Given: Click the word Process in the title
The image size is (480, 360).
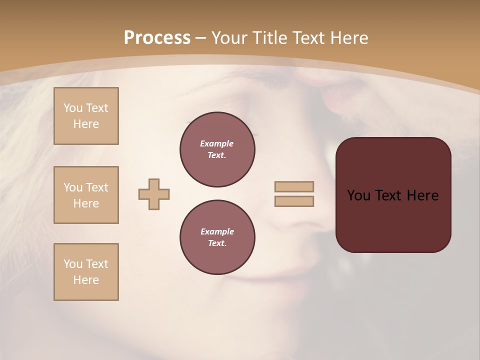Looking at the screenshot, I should (x=157, y=38).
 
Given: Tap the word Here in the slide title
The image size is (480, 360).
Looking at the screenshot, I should (x=348, y=38).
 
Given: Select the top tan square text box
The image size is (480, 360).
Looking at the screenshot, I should (x=86, y=116).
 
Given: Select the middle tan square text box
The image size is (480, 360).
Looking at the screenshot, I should (x=86, y=195).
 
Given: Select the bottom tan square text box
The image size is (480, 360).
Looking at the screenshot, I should (x=86, y=272).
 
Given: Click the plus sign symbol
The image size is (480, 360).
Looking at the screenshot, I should (x=154, y=194).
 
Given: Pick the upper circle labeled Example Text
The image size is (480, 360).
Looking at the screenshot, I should (x=217, y=149).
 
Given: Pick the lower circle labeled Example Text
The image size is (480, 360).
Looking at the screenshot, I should (x=217, y=237).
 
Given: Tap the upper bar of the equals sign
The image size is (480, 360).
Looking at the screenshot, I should (x=294, y=187).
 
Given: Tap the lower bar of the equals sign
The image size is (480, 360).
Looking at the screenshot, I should (x=294, y=201).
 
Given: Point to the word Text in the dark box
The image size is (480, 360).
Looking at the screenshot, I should (x=388, y=195).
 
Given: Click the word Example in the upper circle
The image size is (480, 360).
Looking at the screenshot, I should (x=217, y=143).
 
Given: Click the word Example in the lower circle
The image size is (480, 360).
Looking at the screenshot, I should (x=217, y=231).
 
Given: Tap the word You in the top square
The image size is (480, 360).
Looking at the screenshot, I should (x=72, y=108).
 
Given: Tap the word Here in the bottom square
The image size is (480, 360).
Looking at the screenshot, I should (x=86, y=280).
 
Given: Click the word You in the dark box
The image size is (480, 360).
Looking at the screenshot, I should (x=358, y=195).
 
